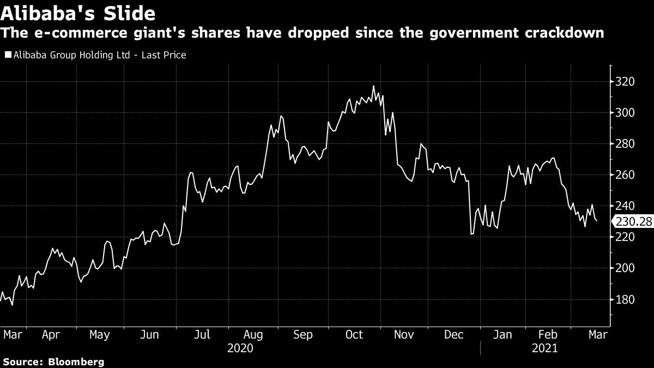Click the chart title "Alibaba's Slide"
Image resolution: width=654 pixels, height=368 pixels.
pyautogui.click(x=78, y=13)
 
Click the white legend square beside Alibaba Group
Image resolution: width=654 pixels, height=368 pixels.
pyautogui.click(x=7, y=55)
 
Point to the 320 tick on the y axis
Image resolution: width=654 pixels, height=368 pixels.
pyautogui.click(x=624, y=82)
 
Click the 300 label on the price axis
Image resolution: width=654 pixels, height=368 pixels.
pyautogui.click(x=624, y=113)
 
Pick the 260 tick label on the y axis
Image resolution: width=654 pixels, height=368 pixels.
pyautogui.click(x=624, y=175)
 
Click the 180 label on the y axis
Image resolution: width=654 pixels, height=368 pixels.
pyautogui.click(x=624, y=300)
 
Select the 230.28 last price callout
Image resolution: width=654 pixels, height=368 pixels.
pyautogui.click(x=632, y=221)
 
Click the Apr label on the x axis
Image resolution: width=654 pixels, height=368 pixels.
pyautogui.click(x=50, y=334)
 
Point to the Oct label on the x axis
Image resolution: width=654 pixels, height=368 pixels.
pyautogui.click(x=354, y=334)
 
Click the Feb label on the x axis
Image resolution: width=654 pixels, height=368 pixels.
pyautogui.click(x=548, y=334)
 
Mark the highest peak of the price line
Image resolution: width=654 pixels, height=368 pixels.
pyautogui.click(x=373, y=86)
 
